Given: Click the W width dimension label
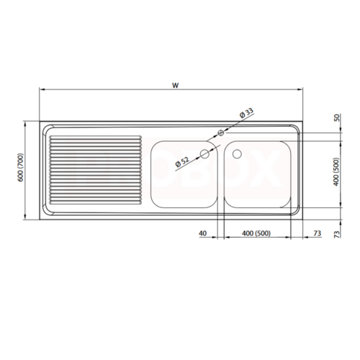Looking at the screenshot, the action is point(176,85).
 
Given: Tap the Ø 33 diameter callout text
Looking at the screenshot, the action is point(246,113).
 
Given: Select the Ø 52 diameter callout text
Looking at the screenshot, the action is point(182,162).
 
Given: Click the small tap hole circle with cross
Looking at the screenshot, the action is point(220,132).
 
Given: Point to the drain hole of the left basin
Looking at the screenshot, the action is point(204,154).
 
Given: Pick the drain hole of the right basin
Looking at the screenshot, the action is point(237,154).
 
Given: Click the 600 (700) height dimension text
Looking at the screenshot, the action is point(21,168).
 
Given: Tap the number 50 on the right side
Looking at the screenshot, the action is point(337,118).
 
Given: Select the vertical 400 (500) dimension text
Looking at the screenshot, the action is point(336,171).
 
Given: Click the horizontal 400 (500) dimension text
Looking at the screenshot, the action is point(256,233).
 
